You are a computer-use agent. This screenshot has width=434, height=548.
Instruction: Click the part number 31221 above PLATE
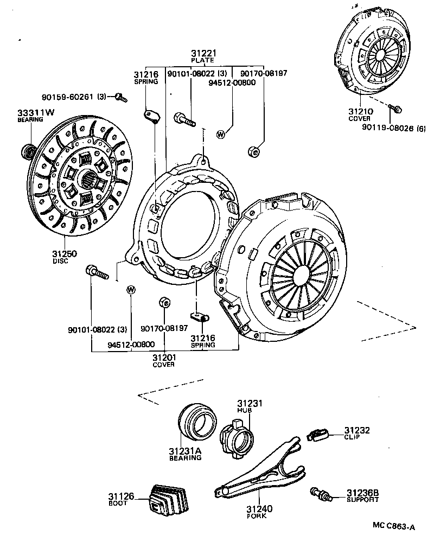tap(204, 53)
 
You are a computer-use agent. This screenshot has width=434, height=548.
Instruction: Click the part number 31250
tap(65, 254)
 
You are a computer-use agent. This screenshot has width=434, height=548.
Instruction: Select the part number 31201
tap(163, 357)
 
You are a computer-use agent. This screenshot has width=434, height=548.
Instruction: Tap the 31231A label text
tap(184, 451)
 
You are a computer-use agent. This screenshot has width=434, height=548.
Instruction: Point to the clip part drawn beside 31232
tap(317, 435)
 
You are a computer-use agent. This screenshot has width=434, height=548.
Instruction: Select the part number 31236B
tap(363, 493)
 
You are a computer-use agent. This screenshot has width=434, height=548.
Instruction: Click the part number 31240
tap(259, 509)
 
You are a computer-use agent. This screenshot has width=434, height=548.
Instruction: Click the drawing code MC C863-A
tap(393, 526)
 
